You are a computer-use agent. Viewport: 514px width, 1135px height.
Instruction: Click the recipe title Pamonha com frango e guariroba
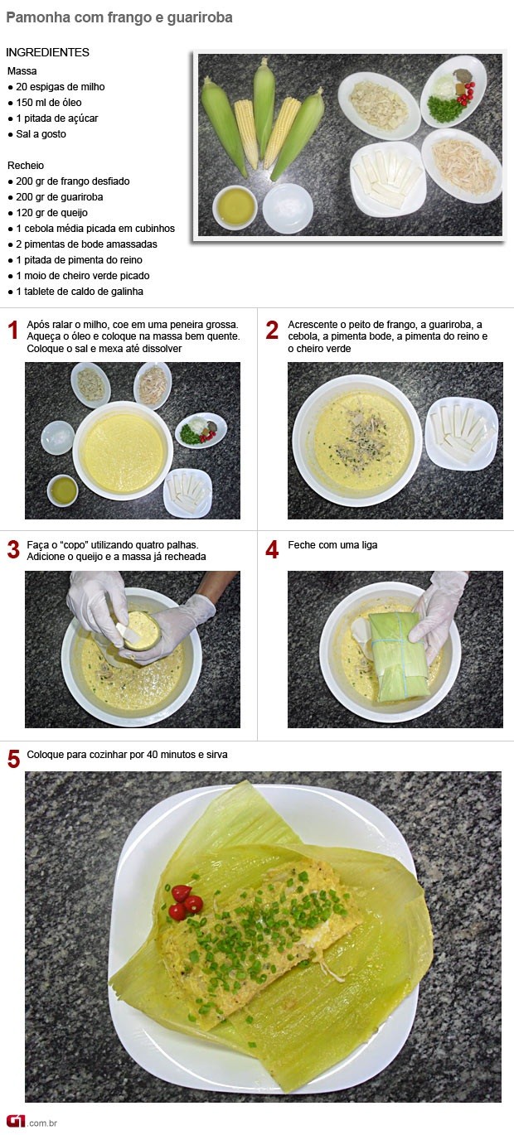click(x=119, y=17)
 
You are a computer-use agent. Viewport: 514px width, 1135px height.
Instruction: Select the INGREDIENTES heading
click(x=47, y=52)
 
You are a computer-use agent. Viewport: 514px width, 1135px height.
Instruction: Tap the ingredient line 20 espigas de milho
click(x=61, y=87)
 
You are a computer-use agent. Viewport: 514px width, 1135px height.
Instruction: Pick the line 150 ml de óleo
click(x=49, y=103)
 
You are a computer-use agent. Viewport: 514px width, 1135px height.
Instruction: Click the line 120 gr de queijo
click(x=51, y=213)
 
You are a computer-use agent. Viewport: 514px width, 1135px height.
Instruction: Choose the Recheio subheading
click(x=26, y=165)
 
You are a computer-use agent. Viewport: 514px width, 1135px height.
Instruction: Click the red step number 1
click(x=13, y=331)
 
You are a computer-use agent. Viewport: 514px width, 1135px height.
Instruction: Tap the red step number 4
click(x=272, y=549)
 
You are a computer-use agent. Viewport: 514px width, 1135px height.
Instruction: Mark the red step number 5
click(x=14, y=759)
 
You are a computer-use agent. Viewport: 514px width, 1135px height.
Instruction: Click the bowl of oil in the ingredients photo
click(x=235, y=207)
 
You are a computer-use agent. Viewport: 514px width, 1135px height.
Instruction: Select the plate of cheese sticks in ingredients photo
click(x=388, y=178)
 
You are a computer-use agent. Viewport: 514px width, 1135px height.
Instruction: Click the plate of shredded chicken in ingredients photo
click(x=462, y=166)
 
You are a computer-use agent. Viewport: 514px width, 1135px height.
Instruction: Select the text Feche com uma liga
click(x=332, y=545)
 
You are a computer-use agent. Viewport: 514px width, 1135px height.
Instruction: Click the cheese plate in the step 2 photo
click(x=461, y=434)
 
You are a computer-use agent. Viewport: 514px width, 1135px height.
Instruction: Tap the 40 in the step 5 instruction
click(x=153, y=755)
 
